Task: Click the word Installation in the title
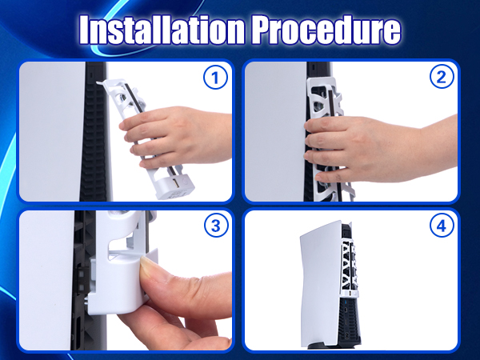click(162, 30)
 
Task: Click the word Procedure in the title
click(326, 30)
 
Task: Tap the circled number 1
click(215, 78)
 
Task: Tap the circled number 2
click(442, 77)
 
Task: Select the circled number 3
click(216, 226)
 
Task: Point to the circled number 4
click(442, 226)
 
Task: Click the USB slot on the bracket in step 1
click(175, 184)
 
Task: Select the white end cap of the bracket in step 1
click(175, 186)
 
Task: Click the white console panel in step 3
click(46, 280)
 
